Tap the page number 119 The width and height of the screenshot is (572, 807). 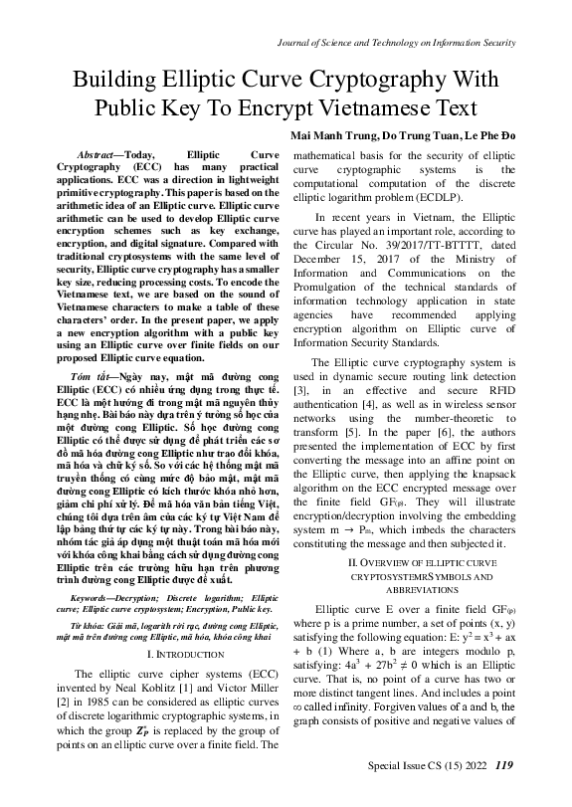pos(504,792)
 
